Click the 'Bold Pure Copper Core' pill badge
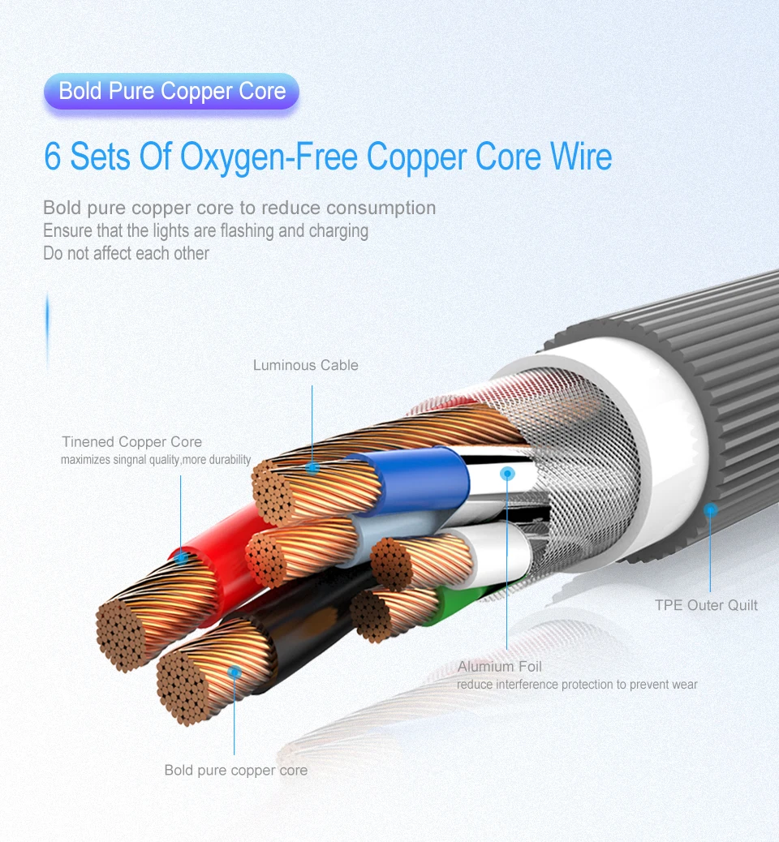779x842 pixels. point(171,92)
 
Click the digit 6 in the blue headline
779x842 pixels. point(53,157)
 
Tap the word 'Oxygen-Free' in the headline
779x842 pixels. point(269,158)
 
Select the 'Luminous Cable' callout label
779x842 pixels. point(306,365)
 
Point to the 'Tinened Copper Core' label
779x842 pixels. point(131,442)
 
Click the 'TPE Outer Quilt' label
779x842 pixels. point(706,605)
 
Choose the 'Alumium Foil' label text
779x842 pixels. point(500,667)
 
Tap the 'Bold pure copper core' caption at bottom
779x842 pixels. point(236,770)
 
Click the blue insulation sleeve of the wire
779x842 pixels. point(414,478)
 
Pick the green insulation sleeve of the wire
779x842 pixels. point(457,604)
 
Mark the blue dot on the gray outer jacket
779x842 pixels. point(710,509)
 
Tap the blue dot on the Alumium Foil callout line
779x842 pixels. point(507,474)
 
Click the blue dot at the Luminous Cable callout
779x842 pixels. point(312,467)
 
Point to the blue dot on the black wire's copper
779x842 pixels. point(235,672)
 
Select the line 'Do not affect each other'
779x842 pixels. point(127,253)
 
